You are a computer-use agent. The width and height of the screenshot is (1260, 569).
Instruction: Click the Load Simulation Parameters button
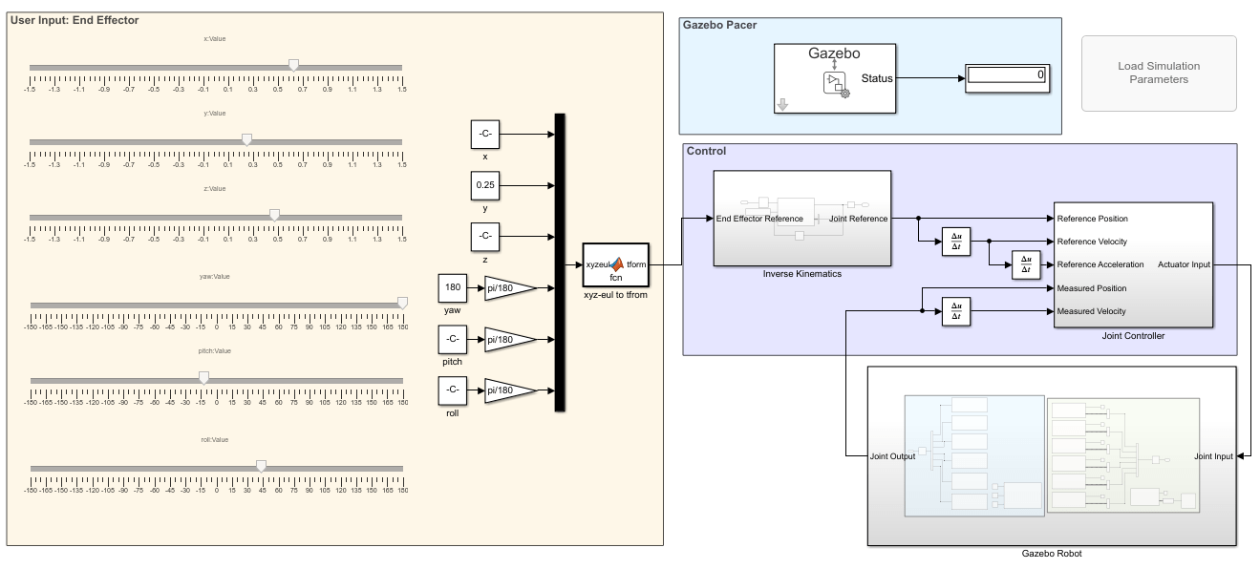pos(1158,74)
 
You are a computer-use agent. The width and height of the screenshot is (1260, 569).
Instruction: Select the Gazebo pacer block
pos(835,78)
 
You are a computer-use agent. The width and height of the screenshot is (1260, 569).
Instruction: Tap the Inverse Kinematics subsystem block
pos(802,218)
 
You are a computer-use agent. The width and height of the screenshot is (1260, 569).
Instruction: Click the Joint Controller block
pos(1133,264)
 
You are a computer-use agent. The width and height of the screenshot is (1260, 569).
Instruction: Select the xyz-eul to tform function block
pos(616,264)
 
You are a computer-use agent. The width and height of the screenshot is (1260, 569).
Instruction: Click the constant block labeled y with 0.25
pos(485,185)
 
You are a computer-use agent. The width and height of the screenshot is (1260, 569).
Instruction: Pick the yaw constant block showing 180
pos(453,287)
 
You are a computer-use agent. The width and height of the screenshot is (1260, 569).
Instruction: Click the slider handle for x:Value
pos(293,65)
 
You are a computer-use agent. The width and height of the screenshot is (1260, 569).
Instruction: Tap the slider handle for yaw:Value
pos(402,303)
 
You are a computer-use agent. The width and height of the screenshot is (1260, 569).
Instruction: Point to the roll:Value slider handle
pos(261,466)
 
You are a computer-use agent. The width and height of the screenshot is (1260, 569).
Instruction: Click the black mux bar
pos(560,263)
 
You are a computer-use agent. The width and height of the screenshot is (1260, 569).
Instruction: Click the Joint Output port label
pos(892,456)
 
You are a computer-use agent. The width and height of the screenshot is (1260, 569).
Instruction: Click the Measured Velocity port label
pos(1091,311)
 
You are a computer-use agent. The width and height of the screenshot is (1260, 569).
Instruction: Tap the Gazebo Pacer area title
pos(720,25)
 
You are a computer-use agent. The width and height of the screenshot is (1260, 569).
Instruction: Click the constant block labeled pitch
pos(453,339)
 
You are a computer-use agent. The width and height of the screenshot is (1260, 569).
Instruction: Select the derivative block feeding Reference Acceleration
pos(1026,264)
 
